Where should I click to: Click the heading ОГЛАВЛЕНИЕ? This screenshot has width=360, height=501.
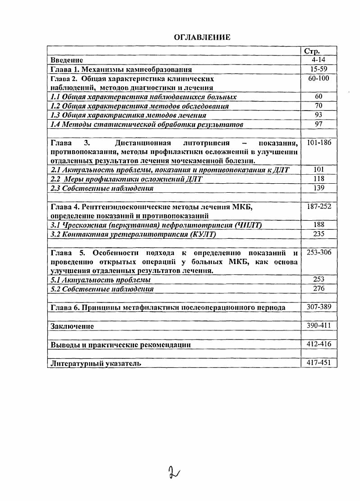pos(202,37)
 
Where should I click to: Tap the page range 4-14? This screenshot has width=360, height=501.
pos(318,59)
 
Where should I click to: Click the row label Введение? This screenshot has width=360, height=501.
pos(67,60)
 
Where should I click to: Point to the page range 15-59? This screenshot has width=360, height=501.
pos(318,69)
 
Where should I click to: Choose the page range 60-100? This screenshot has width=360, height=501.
pos(318,78)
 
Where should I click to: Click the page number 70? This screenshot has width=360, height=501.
pos(318,105)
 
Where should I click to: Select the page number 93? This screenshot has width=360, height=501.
pos(318,115)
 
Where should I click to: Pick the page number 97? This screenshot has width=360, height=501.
pos(318,124)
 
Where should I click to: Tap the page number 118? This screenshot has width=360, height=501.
pos(318,179)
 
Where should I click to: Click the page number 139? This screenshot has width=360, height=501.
pos(318,188)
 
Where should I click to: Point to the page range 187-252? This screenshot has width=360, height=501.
pos(318,206)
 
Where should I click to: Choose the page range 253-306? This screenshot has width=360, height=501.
pos(318,252)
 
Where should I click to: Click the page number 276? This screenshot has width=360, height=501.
pos(318,288)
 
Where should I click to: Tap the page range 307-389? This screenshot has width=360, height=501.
pos(318,307)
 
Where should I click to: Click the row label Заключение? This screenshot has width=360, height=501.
pos(72,326)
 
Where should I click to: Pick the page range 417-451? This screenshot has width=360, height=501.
pos(318,362)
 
